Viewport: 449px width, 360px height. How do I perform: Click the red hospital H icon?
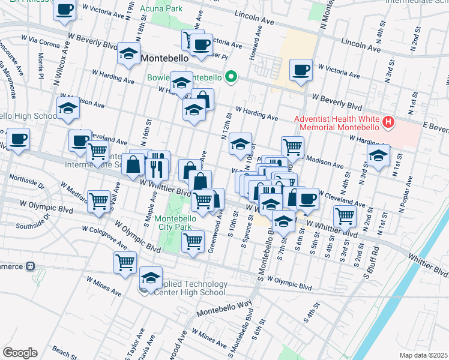click(x=388, y=123)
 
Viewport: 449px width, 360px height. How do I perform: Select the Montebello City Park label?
click(x=181, y=223)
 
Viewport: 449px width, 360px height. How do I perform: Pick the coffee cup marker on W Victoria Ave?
click(x=301, y=70)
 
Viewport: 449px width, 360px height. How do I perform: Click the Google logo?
click(x=20, y=353)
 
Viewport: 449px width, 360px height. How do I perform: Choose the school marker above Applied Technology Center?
click(x=151, y=277)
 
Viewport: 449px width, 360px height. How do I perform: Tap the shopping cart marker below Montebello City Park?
click(x=193, y=241)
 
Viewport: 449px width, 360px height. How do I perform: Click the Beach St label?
click(x=62, y=351)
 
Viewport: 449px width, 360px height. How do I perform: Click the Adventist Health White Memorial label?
click(x=336, y=123)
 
